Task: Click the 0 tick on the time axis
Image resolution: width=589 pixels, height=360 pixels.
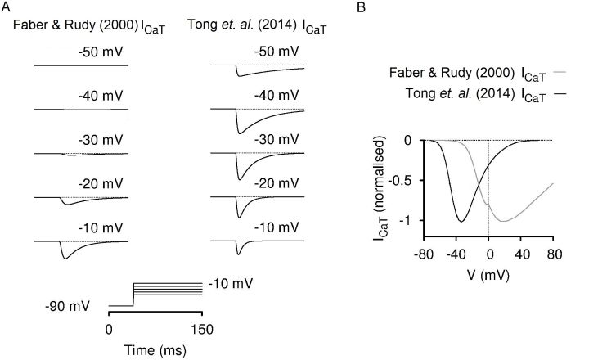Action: pyautogui.click(x=109, y=329)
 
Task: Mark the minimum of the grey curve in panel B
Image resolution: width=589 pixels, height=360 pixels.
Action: pyautogui.click(x=503, y=222)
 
